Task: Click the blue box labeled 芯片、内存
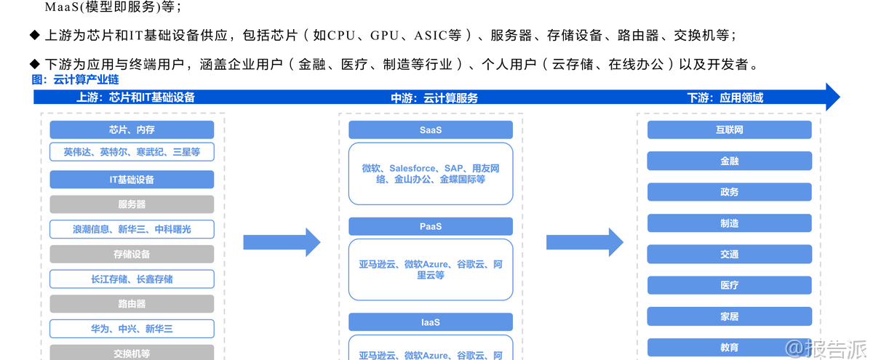pos(132,130)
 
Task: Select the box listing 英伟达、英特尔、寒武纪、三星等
pos(132,152)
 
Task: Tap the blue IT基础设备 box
pos(132,180)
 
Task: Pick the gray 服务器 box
pos(132,204)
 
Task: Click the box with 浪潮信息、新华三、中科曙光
pos(132,229)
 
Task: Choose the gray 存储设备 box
pos(132,254)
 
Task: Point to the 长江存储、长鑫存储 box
pos(132,279)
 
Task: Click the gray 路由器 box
pos(132,304)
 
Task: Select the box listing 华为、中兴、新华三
pos(132,329)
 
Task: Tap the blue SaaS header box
pos(431,130)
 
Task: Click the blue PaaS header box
pos(431,226)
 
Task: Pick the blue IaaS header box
pos(431,322)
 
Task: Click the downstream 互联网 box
pos(729,130)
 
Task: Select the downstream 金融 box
pos(729,161)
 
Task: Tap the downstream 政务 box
pos(729,192)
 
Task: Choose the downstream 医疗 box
pos(729,285)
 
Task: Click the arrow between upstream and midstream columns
pos(281,242)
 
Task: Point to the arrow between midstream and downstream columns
pos(584,242)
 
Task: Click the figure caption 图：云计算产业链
pos(75,79)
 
